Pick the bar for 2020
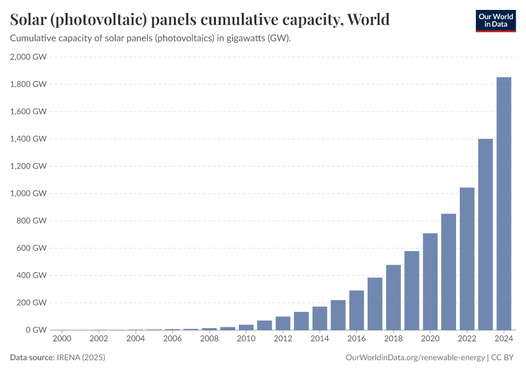[430, 281]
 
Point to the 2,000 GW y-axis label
[28, 57]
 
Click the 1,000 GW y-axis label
[28, 193]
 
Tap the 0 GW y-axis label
[35, 330]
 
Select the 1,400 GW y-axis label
[28, 139]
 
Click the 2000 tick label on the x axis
[62, 339]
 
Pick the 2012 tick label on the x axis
[283, 339]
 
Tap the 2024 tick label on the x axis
[504, 339]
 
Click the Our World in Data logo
[495, 20]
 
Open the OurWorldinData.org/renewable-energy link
[414, 358]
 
